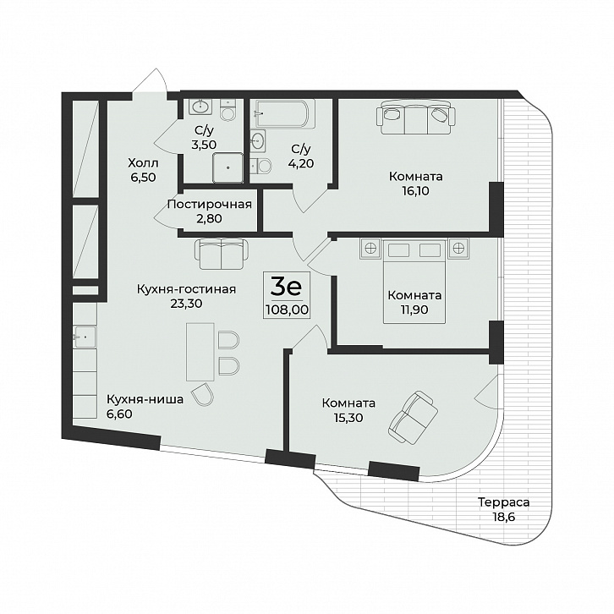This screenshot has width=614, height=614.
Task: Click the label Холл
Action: point(143,162)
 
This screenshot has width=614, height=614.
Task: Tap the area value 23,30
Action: point(186,303)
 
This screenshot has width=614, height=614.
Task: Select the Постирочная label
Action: point(210,205)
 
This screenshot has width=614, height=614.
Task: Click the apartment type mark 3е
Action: point(286,287)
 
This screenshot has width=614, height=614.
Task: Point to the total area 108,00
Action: point(287,310)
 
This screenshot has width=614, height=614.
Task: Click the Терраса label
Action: point(504,502)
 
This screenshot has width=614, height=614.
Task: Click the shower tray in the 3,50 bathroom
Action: point(228,167)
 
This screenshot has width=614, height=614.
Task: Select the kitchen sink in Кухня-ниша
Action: point(85,337)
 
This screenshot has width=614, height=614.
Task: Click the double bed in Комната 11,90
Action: point(414,281)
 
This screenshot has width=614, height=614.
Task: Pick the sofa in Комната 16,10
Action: point(416,117)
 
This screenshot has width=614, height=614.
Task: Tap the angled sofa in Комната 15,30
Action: point(413,418)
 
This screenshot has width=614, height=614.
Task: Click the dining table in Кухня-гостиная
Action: point(200,352)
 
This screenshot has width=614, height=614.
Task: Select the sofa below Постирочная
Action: point(222,254)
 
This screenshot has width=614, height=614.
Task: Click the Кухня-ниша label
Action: point(145,400)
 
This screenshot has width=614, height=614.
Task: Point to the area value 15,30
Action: point(348,418)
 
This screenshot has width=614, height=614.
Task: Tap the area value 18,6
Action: point(504,517)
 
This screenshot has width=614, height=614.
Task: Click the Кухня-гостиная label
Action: point(186,289)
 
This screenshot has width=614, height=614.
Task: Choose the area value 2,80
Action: point(210,218)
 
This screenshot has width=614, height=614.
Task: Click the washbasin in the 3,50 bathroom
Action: point(201,106)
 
